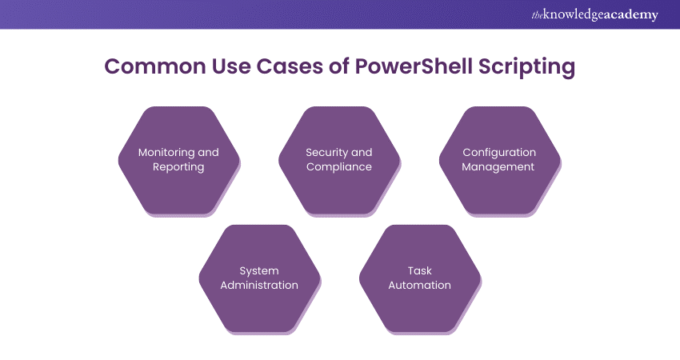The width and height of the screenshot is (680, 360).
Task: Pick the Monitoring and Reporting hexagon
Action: (178, 160)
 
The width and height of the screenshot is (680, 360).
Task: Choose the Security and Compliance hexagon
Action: (339, 160)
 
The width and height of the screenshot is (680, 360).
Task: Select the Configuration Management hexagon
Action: (499, 160)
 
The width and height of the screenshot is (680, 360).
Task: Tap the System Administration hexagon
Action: (258, 278)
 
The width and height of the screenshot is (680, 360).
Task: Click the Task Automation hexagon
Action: (419, 278)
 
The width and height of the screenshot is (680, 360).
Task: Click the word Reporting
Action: (178, 167)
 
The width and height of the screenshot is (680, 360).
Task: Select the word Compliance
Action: (339, 167)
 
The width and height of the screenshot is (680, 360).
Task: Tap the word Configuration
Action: (499, 152)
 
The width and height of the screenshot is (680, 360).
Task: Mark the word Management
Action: (499, 167)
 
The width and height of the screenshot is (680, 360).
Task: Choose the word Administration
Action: (258, 286)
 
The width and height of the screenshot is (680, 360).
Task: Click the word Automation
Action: (419, 286)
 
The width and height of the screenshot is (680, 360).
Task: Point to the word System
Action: (258, 270)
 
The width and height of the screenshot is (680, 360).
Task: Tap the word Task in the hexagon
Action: (419, 270)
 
